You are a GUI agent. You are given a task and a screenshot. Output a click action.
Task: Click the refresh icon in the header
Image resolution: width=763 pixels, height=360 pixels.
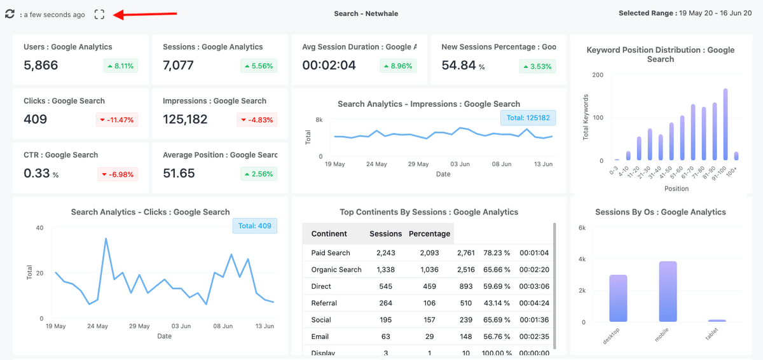pos(10,14)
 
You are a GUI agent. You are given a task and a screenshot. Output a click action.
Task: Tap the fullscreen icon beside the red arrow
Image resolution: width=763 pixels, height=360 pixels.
pos(99,14)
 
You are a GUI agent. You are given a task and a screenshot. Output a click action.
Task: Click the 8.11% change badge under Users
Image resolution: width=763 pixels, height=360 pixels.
pos(121,66)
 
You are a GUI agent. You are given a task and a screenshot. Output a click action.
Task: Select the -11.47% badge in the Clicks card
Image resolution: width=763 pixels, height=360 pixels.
pos(118,120)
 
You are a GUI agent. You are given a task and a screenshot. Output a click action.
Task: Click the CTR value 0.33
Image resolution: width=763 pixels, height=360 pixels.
pos(37,173)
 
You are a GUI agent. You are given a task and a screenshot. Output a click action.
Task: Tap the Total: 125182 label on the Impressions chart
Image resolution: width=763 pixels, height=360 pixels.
pos(528,118)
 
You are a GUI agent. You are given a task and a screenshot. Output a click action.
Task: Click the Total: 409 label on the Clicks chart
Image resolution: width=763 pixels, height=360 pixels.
pos(254,225)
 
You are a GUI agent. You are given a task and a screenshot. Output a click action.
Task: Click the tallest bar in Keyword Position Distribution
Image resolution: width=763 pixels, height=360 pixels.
pos(725,124)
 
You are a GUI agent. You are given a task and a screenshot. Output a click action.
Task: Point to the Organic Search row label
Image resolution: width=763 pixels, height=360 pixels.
pos(336,270)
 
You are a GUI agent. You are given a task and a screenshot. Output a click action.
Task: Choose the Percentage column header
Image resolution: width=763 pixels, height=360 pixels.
pos(429,234)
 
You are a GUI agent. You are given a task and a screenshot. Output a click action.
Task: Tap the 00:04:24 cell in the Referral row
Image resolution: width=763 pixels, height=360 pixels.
pos(534,303)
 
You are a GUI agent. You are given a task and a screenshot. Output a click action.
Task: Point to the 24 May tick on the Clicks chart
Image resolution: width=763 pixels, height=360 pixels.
pos(97,326)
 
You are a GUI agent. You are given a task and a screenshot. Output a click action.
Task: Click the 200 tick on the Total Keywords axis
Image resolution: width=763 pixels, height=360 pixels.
pos(598,75)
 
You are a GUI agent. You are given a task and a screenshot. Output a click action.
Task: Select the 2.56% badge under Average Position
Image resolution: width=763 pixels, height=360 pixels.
pos(259,174)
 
